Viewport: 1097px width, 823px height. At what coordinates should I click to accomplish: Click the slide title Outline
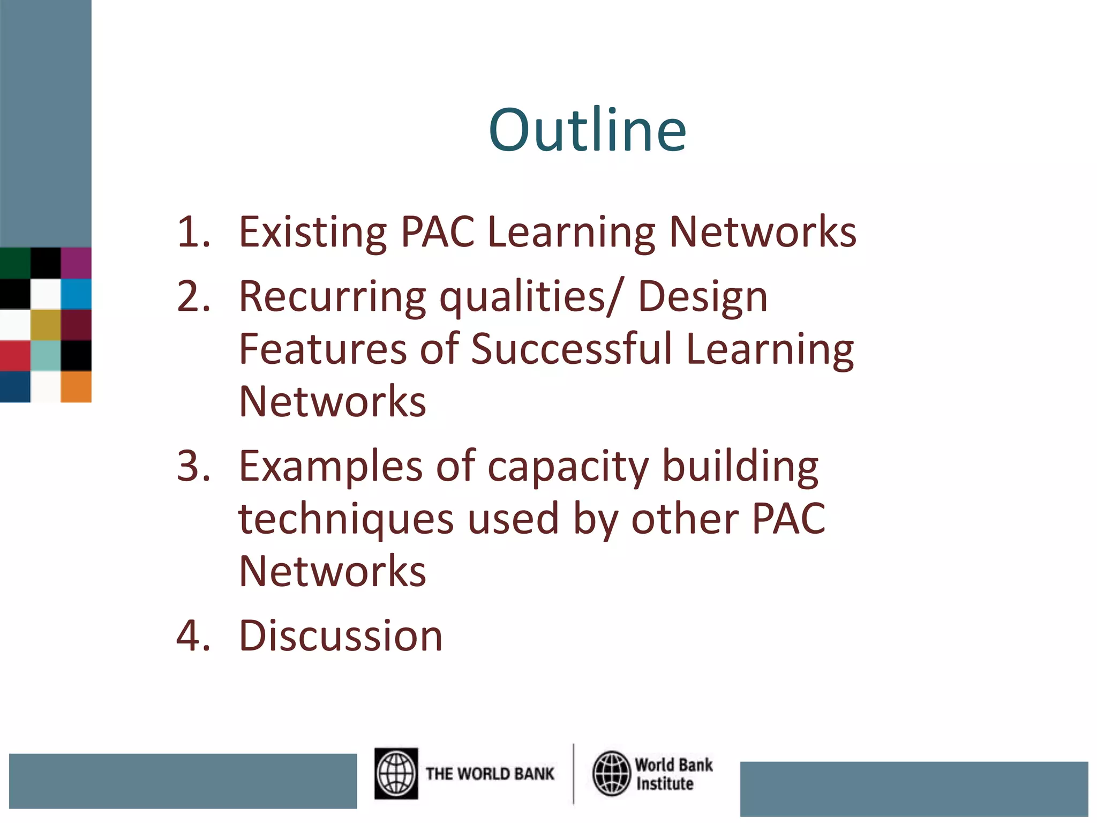587,130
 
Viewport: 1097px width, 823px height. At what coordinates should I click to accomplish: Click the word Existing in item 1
312,231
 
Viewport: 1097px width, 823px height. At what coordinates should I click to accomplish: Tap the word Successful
571,349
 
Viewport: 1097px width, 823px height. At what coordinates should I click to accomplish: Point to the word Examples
330,466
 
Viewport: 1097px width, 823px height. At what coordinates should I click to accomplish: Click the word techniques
346,519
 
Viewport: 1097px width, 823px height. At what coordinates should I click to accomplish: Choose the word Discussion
341,635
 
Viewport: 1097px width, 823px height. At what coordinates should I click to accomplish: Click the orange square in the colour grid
76,386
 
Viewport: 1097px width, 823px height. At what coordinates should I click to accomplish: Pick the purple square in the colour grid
76,263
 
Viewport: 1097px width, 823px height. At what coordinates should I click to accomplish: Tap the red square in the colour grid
15,356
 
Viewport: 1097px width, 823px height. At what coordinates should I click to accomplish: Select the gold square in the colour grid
46,325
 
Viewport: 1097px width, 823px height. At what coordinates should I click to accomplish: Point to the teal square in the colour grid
46,356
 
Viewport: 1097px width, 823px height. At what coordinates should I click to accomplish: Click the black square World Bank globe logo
396,773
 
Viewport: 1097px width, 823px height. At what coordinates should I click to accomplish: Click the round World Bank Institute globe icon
611,773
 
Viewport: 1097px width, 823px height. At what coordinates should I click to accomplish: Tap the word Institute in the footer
664,783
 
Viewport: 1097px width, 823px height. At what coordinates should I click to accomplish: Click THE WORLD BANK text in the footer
490,774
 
